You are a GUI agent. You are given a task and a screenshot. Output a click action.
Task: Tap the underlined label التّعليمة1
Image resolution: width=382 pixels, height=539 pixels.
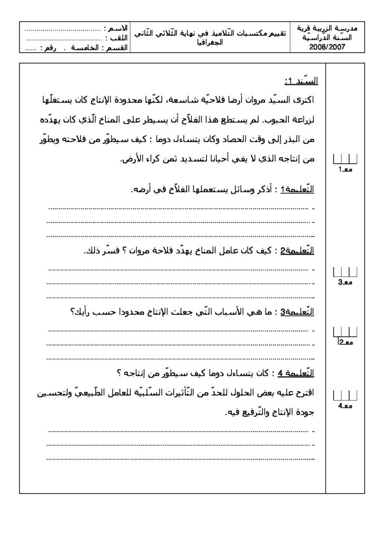(299, 190)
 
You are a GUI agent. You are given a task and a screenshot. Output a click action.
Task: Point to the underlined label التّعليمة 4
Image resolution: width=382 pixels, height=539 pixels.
(297, 373)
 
